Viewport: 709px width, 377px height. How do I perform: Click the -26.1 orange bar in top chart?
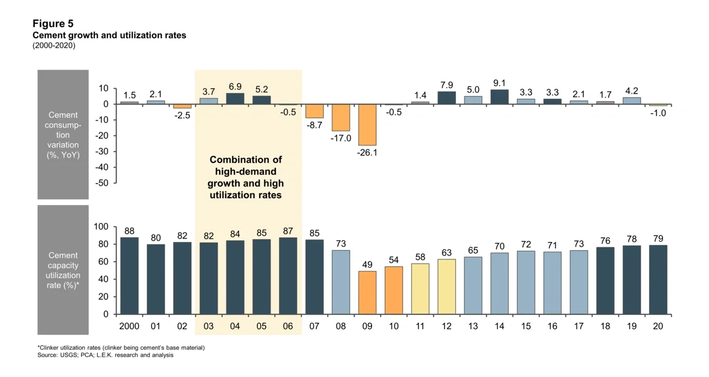367,125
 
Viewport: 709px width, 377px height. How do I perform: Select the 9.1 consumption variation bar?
500,97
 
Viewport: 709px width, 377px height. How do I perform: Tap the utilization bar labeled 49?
367,293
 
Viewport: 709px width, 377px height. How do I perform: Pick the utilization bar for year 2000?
129,276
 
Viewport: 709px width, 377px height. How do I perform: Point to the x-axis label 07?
314,326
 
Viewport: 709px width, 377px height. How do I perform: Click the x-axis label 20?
658,326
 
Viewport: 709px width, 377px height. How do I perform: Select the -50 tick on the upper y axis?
101,183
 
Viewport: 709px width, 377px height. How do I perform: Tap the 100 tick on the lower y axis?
102,227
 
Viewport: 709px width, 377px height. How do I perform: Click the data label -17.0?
341,138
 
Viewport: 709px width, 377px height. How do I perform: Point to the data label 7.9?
447,85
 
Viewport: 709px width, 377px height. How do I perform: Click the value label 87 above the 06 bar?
288,232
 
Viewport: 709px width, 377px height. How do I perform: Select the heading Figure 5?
53,23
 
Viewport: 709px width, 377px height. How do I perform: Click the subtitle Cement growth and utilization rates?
109,35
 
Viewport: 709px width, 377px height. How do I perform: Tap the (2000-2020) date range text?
54,46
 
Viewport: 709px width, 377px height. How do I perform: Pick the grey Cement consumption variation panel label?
63,135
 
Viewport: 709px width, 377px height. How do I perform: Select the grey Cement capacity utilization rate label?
63,270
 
